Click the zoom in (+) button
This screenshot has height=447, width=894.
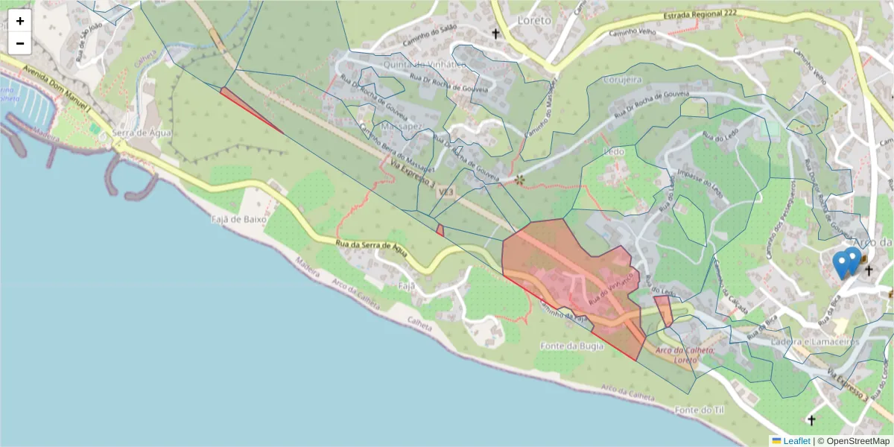point(20,21)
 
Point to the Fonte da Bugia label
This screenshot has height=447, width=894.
point(571,346)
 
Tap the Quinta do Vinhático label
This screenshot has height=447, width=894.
point(424,64)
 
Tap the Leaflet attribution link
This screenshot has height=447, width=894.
point(796,440)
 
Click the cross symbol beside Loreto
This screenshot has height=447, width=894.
point(495,34)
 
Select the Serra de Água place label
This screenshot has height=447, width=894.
point(142,133)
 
